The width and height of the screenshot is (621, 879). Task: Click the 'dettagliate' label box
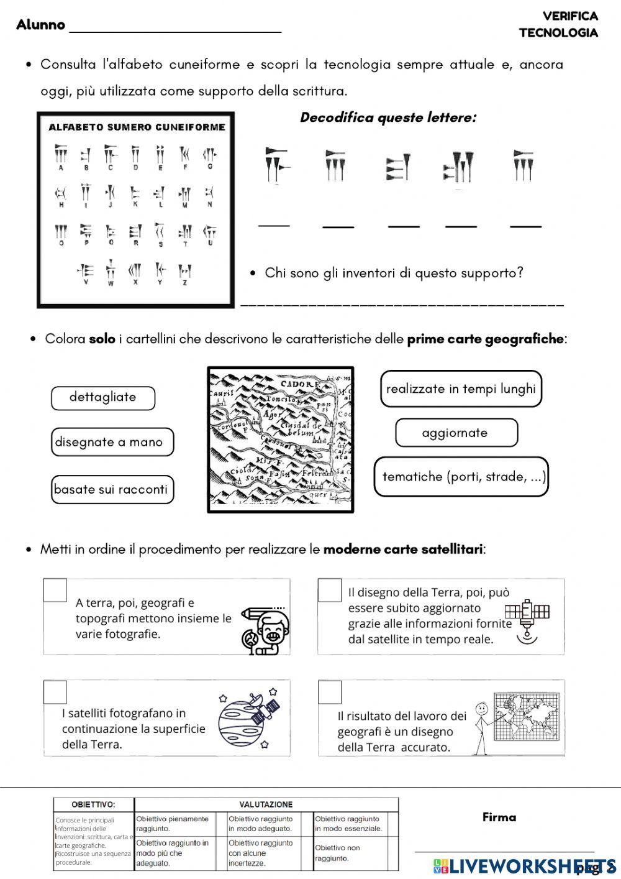(103, 398)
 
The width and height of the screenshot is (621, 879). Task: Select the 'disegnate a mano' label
(112, 443)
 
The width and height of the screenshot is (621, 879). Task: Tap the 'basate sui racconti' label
(112, 489)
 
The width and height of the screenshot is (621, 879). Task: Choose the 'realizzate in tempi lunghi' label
(461, 389)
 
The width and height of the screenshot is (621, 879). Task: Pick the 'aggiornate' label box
(456, 433)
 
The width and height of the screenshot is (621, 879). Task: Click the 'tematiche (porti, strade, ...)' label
(461, 477)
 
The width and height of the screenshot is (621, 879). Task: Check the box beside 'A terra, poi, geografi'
(55, 591)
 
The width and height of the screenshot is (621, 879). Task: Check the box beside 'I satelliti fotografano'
(55, 692)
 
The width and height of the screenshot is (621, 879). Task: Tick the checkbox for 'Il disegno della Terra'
(330, 591)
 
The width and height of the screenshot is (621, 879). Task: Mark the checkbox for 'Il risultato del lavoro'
(330, 692)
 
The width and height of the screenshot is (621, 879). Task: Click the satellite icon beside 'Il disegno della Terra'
(527, 619)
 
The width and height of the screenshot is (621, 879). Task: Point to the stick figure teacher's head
(479, 709)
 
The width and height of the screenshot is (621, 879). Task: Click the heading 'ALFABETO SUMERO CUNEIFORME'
(137, 127)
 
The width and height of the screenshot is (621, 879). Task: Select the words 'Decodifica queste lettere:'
(388, 117)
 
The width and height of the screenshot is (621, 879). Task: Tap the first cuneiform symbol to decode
(274, 165)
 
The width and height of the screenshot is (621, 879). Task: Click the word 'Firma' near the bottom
(499, 817)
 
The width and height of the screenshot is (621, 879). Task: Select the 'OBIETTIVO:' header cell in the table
(93, 804)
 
